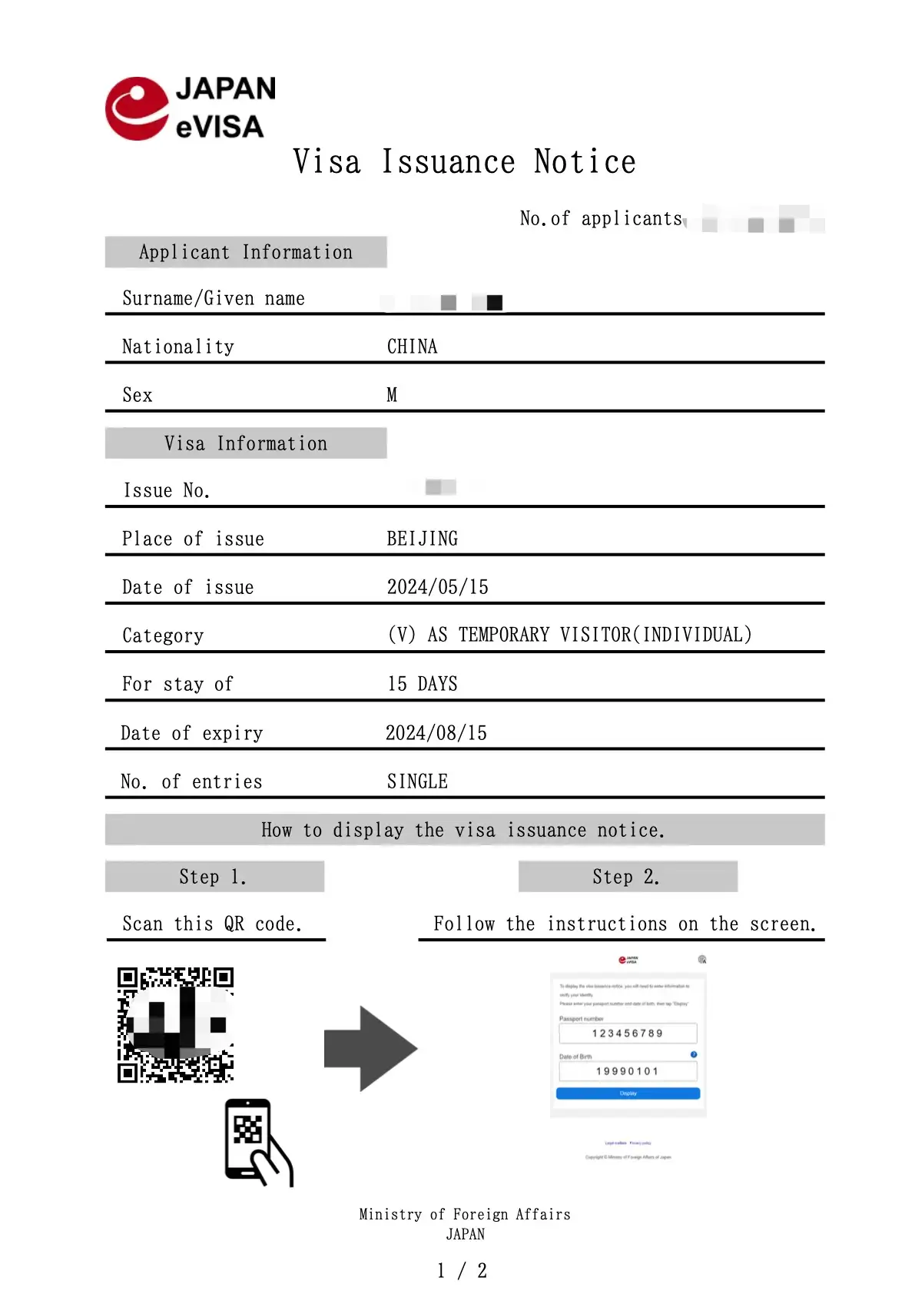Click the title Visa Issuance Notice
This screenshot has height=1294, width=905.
(x=464, y=162)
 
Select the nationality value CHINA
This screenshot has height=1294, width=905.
(x=412, y=347)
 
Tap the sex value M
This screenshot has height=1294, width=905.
(x=392, y=395)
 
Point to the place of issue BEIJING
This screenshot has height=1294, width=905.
(x=422, y=539)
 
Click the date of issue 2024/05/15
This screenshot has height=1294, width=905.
(x=437, y=587)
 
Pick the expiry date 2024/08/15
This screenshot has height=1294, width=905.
(x=436, y=733)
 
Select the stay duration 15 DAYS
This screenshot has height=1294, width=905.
(x=422, y=684)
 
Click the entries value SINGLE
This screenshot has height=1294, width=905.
(x=417, y=781)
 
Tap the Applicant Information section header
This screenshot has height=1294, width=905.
(x=246, y=252)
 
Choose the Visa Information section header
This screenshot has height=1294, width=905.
(x=246, y=443)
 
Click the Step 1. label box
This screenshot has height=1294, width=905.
(x=214, y=877)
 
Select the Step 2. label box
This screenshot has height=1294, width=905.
(x=628, y=877)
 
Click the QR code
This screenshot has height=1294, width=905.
(x=175, y=1024)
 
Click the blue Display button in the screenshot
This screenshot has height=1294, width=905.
(x=628, y=1093)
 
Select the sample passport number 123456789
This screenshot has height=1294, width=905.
(x=628, y=1034)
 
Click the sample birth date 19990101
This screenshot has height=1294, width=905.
(x=628, y=1071)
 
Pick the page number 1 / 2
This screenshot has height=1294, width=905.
(x=462, y=1271)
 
